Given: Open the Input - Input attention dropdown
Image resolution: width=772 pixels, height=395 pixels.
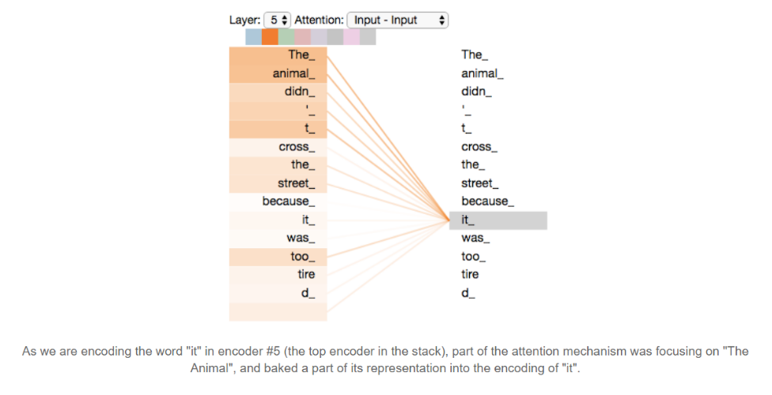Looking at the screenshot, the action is pos(397,20).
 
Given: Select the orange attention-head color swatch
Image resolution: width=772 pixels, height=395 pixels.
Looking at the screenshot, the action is pos(270,37).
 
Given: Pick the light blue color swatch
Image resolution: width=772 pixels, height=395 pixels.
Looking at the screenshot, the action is pos(253,37).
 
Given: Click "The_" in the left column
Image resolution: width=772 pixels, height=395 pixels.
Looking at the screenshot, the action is pos(300,55).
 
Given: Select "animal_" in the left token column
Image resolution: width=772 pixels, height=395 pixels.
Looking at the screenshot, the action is pos(293,73).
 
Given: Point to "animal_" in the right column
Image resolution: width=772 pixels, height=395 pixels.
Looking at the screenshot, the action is pos(482,73).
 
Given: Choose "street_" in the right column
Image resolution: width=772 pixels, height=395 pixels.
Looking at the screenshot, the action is pos(481,183).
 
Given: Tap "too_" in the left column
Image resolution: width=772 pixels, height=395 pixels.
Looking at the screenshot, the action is pos(303,257).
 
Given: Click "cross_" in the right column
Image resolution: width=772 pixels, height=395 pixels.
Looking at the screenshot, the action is pos(479,147).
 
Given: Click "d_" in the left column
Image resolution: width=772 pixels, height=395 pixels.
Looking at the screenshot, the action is pos(308,293).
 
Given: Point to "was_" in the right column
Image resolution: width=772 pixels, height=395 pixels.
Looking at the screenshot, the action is pos(475,238).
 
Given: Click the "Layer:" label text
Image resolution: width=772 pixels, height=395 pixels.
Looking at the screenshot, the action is pos(244,20).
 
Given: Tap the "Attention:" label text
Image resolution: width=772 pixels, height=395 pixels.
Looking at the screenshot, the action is pos(319,20).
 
